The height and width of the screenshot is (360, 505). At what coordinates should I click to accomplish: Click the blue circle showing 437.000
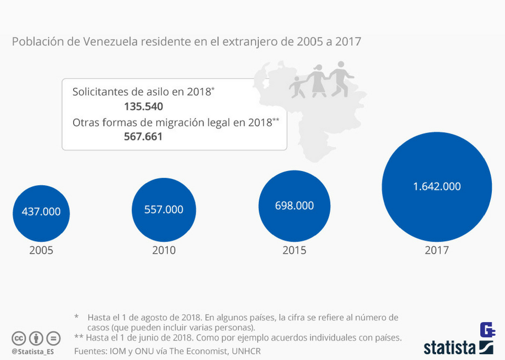[x=41, y=212]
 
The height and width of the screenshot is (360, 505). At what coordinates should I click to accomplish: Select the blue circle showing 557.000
[x=164, y=209]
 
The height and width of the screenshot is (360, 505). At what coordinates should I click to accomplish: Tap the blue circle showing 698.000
[x=294, y=205]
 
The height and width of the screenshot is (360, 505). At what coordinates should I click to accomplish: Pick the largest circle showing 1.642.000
[x=437, y=187]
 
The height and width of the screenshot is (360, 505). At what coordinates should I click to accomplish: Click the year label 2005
[x=41, y=250]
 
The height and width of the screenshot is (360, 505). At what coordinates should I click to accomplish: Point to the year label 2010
[x=164, y=250]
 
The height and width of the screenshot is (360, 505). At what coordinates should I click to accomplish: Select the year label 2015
[x=294, y=250]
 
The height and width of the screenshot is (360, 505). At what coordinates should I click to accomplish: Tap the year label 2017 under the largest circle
[x=437, y=250]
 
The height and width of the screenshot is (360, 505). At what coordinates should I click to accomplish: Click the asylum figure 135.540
[x=144, y=106]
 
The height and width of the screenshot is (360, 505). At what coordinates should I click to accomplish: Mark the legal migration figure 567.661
[x=143, y=137]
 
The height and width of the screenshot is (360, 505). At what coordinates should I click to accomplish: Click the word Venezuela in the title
[x=109, y=41]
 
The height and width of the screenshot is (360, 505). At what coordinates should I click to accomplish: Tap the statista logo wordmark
[x=450, y=347]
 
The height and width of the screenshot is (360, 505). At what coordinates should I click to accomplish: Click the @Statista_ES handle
[x=33, y=351]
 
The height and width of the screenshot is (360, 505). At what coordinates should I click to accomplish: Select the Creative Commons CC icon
[x=19, y=338]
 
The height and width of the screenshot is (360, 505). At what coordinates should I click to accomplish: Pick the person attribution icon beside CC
[x=36, y=338]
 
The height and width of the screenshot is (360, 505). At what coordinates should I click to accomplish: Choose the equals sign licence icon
[x=53, y=338]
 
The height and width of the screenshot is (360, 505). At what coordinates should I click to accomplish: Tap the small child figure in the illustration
[x=298, y=87]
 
